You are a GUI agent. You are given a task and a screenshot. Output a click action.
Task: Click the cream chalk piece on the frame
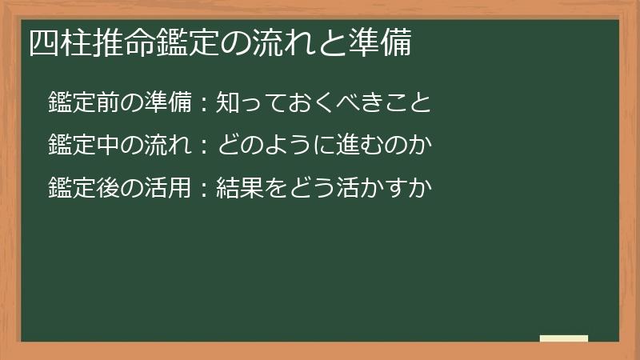[x=563, y=338]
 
